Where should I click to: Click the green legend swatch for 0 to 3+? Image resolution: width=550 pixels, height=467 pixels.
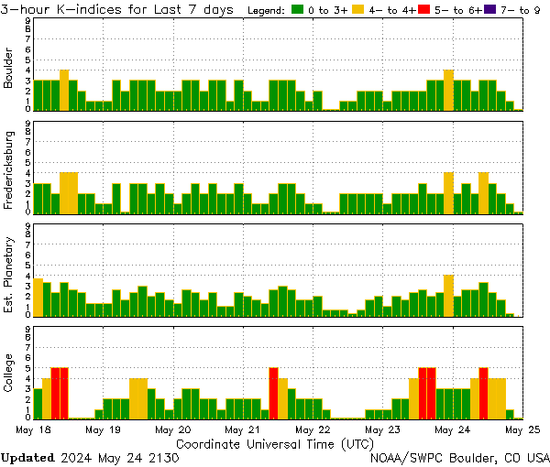[298, 9]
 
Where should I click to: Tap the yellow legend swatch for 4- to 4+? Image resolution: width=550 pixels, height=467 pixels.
[357, 9]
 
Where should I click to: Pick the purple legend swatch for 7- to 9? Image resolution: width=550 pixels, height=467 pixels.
[488, 9]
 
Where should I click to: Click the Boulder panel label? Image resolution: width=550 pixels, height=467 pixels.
[9, 69]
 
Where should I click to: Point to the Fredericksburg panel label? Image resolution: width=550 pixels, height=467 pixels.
[9, 171]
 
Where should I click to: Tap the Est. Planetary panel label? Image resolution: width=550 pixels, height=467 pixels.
[9, 274]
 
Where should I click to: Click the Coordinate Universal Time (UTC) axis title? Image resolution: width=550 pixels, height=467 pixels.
[274, 443]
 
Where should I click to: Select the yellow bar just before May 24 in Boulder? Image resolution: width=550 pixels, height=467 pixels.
[448, 90]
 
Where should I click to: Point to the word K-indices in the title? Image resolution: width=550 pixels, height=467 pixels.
[91, 9]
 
